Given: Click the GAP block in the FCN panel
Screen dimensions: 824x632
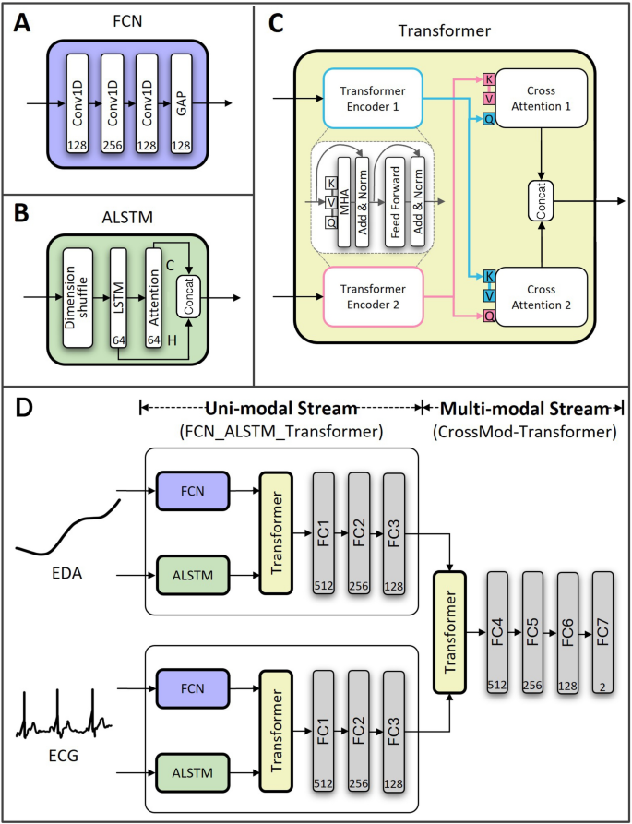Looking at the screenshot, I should (x=182, y=103).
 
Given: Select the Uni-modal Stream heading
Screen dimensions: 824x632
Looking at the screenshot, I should (x=280, y=408).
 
